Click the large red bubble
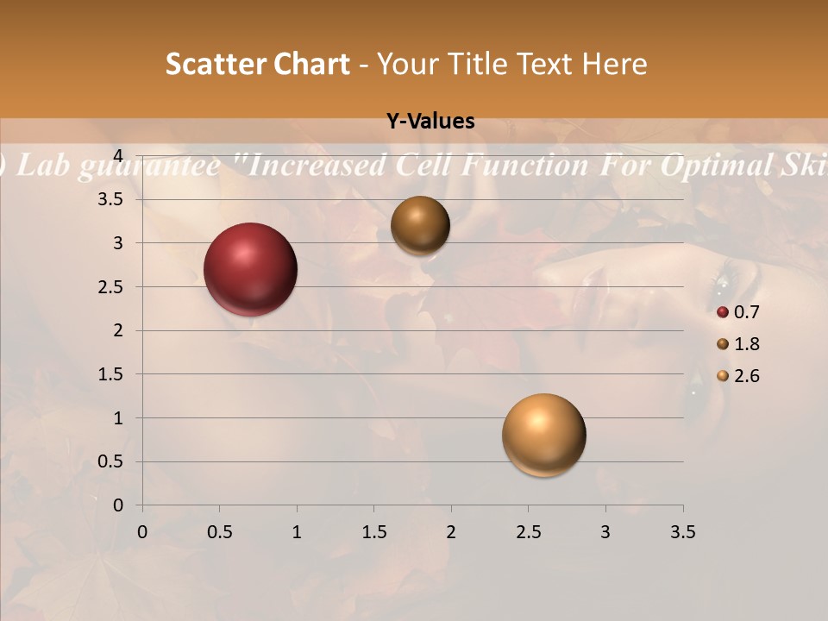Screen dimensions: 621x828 (250, 269)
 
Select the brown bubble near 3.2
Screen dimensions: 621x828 (420, 225)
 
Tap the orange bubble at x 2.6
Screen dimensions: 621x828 (543, 435)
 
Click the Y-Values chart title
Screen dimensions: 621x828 (430, 122)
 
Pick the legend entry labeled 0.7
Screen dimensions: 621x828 (738, 312)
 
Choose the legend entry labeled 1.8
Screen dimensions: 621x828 (738, 344)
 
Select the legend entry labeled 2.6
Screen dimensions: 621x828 (738, 376)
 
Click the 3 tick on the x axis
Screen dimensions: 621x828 (605, 532)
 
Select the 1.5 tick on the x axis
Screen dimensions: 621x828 (373, 532)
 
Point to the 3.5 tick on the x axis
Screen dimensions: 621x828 (682, 532)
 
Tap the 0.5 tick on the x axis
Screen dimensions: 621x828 (219, 532)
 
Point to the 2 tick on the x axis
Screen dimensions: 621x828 (451, 532)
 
